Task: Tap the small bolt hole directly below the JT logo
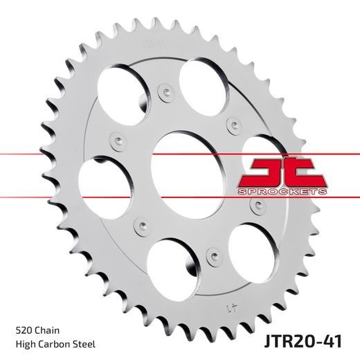click(x=260, y=205)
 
